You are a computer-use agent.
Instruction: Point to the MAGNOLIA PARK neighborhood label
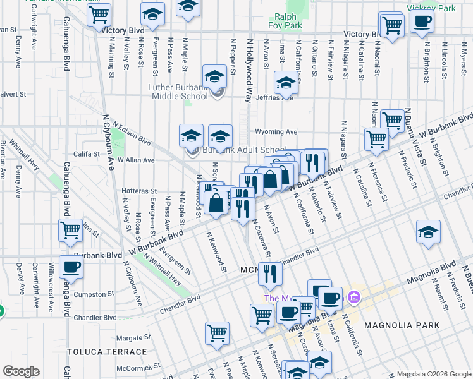click(402, 325)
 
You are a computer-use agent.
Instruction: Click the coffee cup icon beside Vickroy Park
click(422, 20)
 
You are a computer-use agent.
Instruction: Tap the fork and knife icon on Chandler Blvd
click(270, 273)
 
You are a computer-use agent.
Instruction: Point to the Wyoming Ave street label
click(276, 132)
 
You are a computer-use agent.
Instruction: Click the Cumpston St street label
click(90, 294)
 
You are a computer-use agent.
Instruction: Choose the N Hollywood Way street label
click(249, 69)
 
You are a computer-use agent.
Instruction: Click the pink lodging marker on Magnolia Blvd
click(353, 296)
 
